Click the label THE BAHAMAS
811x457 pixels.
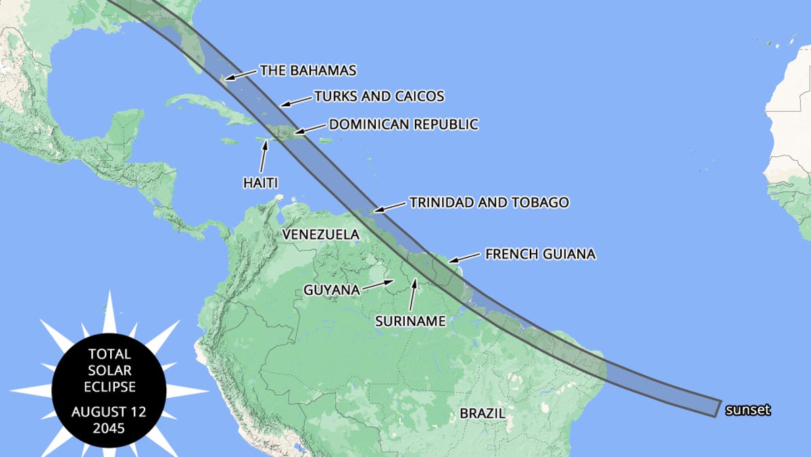coord(308,70)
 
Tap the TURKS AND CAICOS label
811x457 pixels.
coord(379,97)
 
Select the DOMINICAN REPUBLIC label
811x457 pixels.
coord(403,124)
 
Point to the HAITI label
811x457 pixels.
coord(260,183)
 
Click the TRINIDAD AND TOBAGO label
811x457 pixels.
coord(489,202)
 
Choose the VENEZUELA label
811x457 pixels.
coord(320,235)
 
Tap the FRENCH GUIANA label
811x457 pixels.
coord(540,254)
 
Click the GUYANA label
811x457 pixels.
coord(331,290)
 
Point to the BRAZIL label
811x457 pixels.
coord(483,413)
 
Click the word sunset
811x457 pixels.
coord(748,410)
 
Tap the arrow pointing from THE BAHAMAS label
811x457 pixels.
coord(241,74)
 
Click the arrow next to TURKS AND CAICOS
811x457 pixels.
coord(295,101)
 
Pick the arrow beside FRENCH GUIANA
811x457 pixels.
coord(464,258)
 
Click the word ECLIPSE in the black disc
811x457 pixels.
coord(109,387)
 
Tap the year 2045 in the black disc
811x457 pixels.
coord(109,427)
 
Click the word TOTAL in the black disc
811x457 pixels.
coord(109,354)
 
